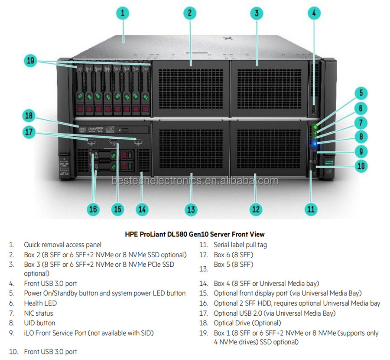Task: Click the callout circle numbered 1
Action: (123, 13)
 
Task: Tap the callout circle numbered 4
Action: (314, 13)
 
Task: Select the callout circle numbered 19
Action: (31, 61)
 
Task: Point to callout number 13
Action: (191, 209)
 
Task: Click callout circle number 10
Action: (361, 166)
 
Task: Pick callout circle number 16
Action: (93, 209)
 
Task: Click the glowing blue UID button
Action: (315, 144)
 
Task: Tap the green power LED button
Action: (315, 127)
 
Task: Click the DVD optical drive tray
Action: (113, 130)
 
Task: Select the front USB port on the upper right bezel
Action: (314, 110)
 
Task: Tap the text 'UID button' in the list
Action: (39, 323)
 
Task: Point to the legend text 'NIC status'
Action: (39, 313)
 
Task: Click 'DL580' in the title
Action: (178, 234)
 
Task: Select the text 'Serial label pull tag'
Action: (240, 245)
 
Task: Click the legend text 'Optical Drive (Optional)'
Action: (247, 323)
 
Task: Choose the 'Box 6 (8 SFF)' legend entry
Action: (234, 255)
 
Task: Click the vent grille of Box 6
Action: (269, 149)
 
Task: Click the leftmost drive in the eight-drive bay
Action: (80, 90)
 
